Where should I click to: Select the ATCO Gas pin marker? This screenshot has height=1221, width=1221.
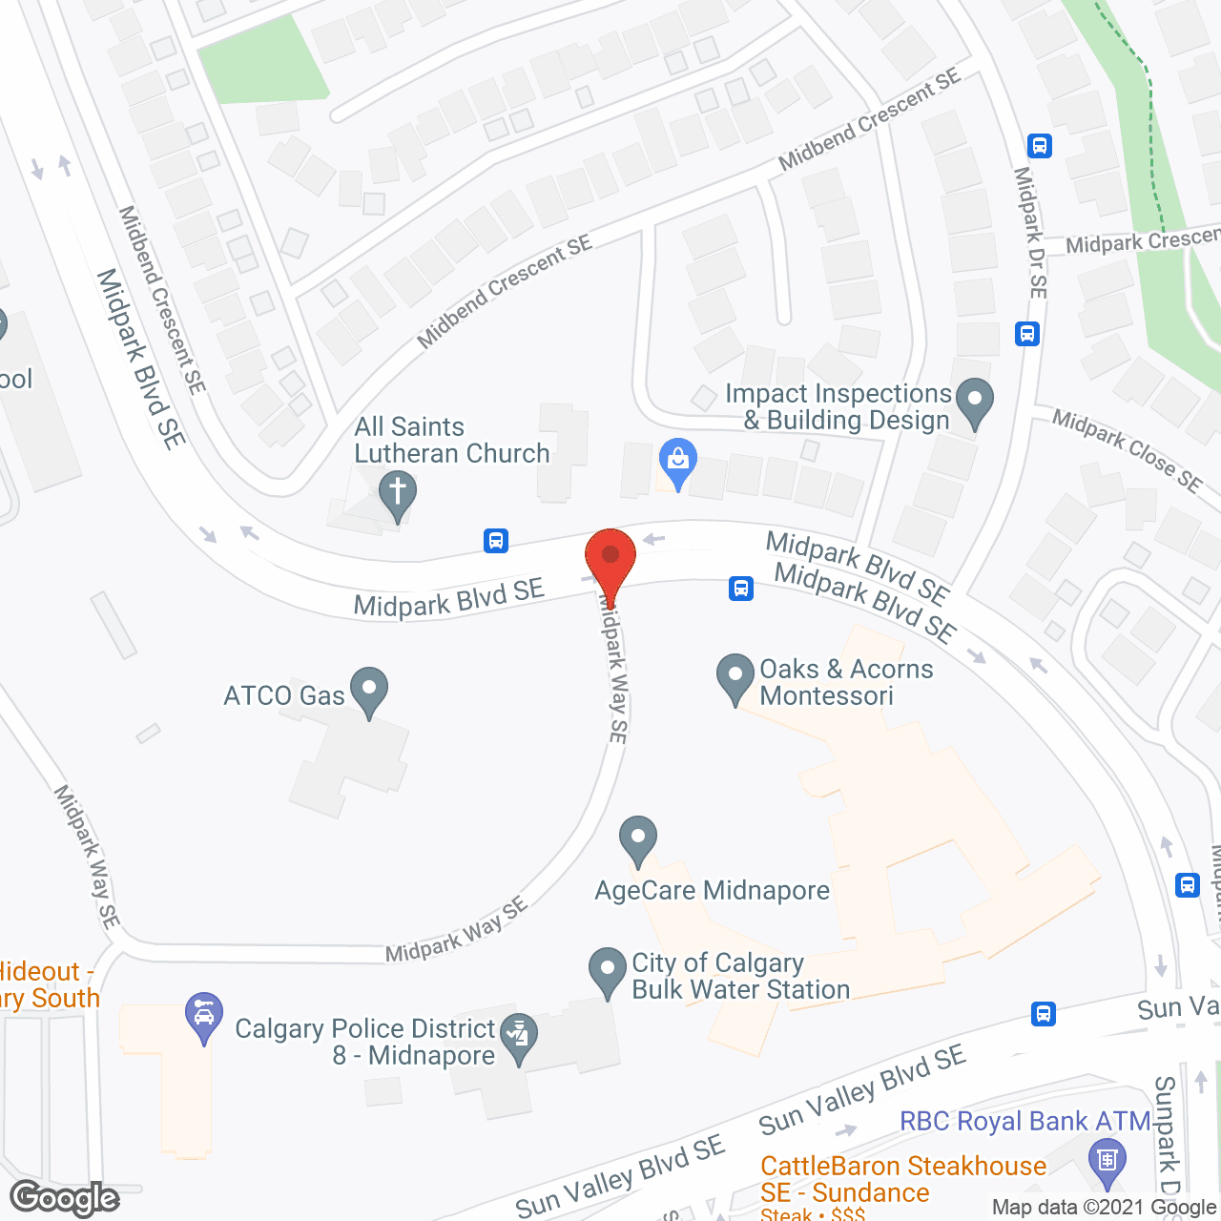(x=369, y=688)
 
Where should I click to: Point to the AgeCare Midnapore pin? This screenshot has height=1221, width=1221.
(x=638, y=838)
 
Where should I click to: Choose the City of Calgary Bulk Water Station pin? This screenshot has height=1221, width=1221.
(x=608, y=969)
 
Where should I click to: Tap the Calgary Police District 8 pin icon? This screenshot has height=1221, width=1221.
(x=519, y=1036)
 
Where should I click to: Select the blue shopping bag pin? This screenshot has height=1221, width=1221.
(x=678, y=462)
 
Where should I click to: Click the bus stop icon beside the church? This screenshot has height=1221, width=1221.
(x=496, y=541)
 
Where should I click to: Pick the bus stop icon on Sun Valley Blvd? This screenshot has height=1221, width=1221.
(x=1044, y=1013)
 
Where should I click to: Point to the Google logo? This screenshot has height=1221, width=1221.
(x=65, y=1198)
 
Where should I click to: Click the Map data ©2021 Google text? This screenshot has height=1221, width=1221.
(x=1105, y=1208)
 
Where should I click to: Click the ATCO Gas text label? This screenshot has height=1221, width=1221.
(x=283, y=695)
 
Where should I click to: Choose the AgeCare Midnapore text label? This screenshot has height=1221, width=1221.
(x=713, y=891)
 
